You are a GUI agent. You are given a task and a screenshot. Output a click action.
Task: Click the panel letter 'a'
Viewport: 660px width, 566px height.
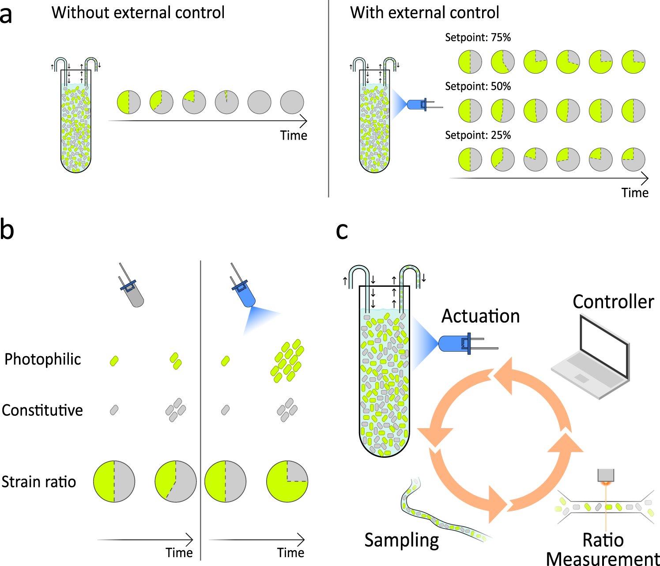click(x=6, y=15)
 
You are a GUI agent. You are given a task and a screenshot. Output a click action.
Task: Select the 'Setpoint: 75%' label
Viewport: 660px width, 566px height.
click(x=478, y=38)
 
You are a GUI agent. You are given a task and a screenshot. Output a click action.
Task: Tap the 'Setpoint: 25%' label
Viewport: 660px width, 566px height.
click(x=478, y=135)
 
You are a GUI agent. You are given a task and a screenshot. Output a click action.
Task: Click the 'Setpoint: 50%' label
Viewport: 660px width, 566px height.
click(x=478, y=86)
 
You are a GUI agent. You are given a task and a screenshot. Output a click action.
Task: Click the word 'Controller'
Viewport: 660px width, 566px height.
click(x=613, y=302)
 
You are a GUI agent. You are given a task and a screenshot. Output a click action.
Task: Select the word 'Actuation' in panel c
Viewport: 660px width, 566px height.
click(x=480, y=316)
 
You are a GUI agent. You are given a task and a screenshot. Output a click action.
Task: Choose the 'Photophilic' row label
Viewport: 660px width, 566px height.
click(x=42, y=359)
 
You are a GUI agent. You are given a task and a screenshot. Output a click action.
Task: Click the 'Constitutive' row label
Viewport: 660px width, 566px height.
click(x=42, y=410)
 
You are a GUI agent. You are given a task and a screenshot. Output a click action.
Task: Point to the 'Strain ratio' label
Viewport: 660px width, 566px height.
click(x=39, y=482)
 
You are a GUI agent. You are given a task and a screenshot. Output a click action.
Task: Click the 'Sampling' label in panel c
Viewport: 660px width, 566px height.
click(x=401, y=540)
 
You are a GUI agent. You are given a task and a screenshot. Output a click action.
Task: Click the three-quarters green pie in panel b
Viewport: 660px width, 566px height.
click(x=287, y=482)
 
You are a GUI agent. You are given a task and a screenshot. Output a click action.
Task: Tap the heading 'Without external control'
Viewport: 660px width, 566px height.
click(x=138, y=12)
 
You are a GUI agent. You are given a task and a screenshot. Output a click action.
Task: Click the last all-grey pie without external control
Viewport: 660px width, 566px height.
click(x=292, y=102)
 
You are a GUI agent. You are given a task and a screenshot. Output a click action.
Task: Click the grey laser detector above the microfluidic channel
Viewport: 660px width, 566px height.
click(x=605, y=475)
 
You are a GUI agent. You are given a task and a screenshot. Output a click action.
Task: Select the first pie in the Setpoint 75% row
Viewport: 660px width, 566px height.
click(x=470, y=61)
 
